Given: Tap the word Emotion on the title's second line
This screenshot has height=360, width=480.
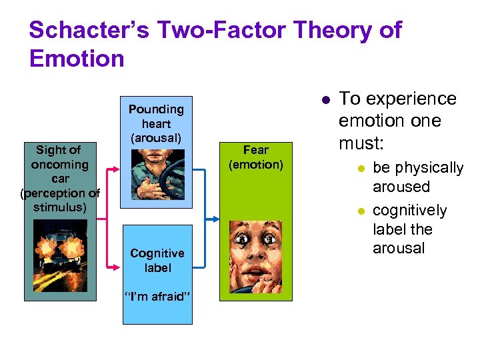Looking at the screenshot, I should [x=77, y=59].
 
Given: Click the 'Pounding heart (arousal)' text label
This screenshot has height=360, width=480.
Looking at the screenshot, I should [x=156, y=123].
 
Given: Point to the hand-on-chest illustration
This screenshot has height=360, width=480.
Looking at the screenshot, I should [x=157, y=173].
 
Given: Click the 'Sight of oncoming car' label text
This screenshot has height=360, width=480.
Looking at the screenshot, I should [x=59, y=178].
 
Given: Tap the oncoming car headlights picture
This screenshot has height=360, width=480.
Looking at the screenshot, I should [x=59, y=259].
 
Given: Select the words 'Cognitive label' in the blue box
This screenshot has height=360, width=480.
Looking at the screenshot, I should [x=157, y=261].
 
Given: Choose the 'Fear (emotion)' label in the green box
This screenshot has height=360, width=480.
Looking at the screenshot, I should [x=255, y=157].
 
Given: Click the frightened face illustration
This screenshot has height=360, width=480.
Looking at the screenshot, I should [x=255, y=259].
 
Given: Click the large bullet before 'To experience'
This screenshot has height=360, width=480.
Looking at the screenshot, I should [x=325, y=100].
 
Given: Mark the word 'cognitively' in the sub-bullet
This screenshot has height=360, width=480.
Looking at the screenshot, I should [x=409, y=211].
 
